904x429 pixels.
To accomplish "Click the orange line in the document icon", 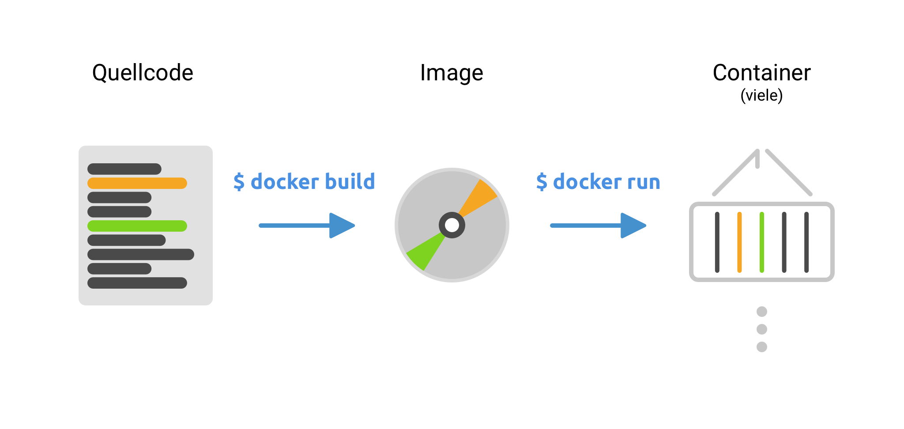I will pos(137,183).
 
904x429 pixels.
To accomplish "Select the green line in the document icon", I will pos(137,226).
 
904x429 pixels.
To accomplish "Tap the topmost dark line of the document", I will pos(124,169).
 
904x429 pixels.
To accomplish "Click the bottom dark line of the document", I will pos(137,283).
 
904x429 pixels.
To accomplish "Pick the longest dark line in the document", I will pos(140,255).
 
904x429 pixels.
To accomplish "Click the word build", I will pos(350,181).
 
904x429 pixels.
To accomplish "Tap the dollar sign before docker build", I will pos(239,181).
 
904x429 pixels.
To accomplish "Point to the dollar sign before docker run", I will pos(542,181).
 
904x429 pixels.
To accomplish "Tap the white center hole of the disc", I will pos(452,225).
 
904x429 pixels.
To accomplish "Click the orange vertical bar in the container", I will pos(739,242).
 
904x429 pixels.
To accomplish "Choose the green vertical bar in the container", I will pos(762,242).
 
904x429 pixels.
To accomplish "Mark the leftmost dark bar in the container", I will pos(717,242).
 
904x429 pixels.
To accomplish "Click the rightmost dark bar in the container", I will pos(806,242).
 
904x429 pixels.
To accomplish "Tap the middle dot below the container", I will pos(762,329).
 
